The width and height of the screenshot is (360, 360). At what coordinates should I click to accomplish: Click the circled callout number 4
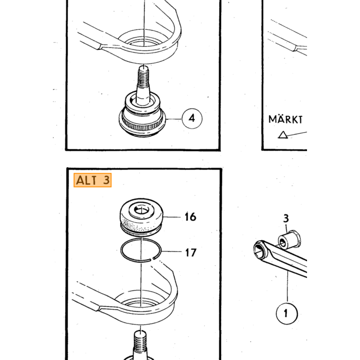(192, 118)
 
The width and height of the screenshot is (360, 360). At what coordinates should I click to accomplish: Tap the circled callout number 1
(287, 313)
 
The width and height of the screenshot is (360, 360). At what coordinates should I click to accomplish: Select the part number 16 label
(190, 217)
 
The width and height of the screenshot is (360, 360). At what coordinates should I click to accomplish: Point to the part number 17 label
(191, 253)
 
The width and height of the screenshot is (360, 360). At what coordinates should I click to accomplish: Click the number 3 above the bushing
(286, 219)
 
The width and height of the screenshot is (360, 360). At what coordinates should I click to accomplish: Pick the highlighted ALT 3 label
(93, 180)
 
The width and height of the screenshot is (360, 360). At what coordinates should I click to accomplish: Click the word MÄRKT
(285, 119)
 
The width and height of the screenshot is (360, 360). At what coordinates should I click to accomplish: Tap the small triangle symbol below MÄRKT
(283, 135)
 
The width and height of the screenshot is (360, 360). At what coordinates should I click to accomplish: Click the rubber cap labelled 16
(141, 217)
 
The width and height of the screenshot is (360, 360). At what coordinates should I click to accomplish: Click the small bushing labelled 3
(289, 240)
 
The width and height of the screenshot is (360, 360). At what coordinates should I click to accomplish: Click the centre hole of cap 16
(141, 210)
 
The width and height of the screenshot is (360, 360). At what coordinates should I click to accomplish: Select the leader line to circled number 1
(287, 287)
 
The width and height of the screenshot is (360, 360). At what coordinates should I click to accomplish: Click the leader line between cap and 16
(172, 217)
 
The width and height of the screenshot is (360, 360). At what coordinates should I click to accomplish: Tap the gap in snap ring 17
(152, 259)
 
